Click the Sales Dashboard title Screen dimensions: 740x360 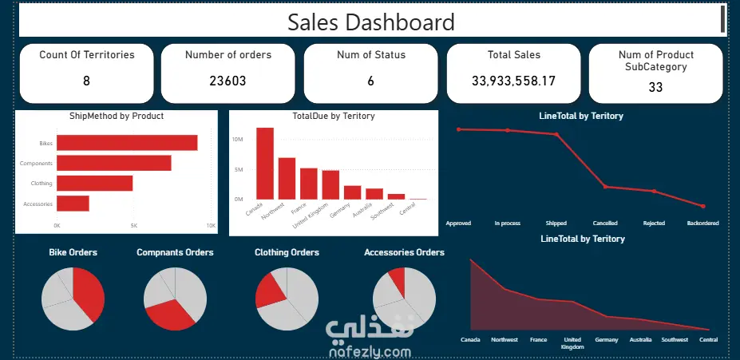click(371, 22)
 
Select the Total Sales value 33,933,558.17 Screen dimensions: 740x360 click(513, 81)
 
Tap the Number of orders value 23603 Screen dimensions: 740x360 click(228, 81)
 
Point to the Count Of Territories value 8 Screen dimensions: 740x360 click(86, 81)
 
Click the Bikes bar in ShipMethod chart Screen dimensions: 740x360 click(127, 143)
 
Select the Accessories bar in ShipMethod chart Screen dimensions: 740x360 click(73, 204)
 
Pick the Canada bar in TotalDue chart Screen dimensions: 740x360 click(265, 164)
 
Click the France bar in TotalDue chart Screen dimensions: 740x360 click(309, 184)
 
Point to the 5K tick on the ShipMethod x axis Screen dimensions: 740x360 click(134, 226)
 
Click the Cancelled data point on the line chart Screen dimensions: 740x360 click(605, 187)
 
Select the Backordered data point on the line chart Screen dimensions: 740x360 click(703, 206)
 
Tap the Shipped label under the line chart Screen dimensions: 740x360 click(556, 224)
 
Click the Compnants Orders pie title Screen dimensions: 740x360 click(175, 252)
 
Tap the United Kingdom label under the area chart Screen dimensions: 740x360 click(572, 343)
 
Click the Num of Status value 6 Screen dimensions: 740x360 click(370, 81)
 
